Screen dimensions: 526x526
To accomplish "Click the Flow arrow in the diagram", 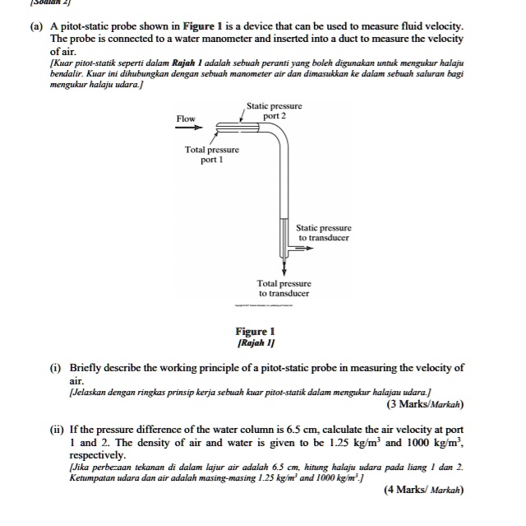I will pyautogui.click(x=187, y=128).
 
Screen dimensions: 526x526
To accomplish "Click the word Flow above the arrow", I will pyautogui.click(x=186, y=119).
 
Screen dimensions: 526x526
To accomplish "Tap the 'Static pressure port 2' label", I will pyautogui.click(x=275, y=111).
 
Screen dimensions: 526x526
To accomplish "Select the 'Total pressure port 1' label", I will pyautogui.click(x=212, y=155).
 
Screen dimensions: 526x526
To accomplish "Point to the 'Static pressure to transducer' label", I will pyautogui.click(x=324, y=232).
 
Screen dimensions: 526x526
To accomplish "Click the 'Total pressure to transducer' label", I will pyautogui.click(x=284, y=288).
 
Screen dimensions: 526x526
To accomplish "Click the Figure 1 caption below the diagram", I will pyautogui.click(x=256, y=332).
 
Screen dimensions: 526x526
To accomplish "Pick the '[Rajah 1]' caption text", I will pyautogui.click(x=256, y=342).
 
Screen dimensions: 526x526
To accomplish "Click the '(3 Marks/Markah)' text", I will pyautogui.click(x=425, y=404).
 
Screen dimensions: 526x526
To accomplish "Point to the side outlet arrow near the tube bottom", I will pyautogui.click(x=293, y=245).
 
